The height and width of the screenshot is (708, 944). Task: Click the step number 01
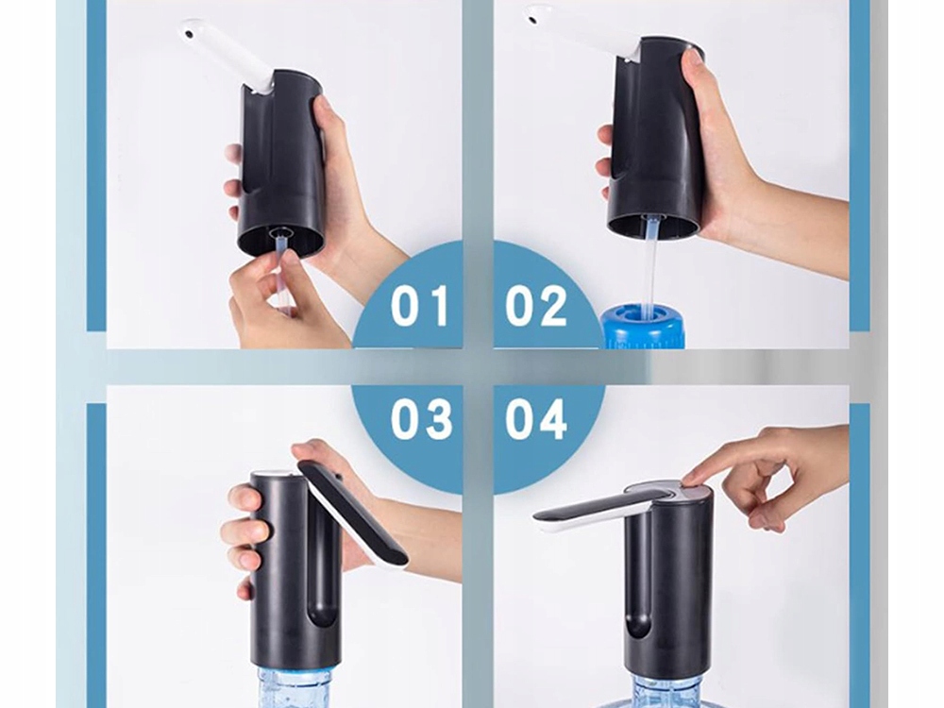coord(420,305)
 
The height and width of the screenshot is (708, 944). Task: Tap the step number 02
coord(536,305)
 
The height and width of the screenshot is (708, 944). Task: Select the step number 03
coord(421,418)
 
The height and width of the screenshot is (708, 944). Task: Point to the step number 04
coord(536,418)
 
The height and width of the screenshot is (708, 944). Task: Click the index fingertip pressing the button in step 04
coord(694,478)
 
